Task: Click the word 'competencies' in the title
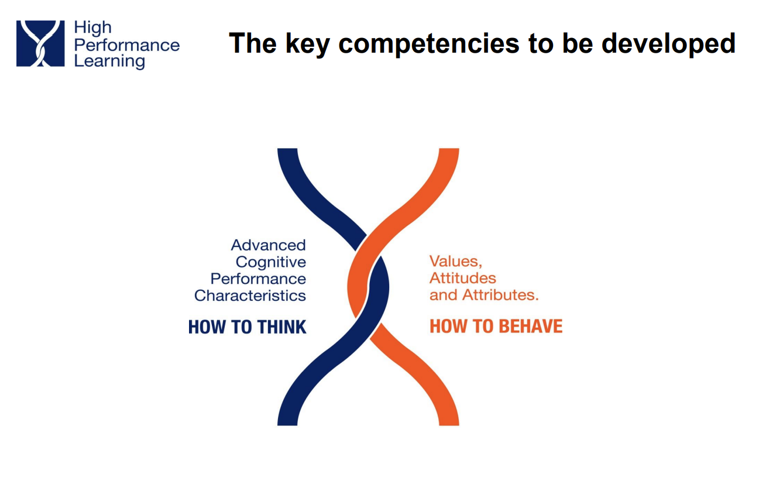(x=428, y=44)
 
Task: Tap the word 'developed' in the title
(x=668, y=43)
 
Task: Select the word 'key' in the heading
(x=308, y=44)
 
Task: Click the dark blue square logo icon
(x=40, y=43)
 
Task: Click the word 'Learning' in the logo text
(x=109, y=61)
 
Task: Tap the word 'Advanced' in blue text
(x=269, y=245)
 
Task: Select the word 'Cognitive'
(x=271, y=263)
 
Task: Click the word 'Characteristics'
(x=250, y=296)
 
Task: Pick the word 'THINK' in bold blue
(x=281, y=327)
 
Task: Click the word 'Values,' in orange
(x=456, y=262)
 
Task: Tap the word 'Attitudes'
(x=463, y=278)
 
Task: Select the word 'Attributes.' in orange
(x=500, y=295)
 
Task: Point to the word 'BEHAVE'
(x=531, y=327)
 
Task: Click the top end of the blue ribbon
(x=287, y=149)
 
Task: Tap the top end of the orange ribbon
(x=449, y=149)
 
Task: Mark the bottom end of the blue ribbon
(x=287, y=425)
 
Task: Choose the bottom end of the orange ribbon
(x=449, y=425)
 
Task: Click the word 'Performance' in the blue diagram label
(x=258, y=279)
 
